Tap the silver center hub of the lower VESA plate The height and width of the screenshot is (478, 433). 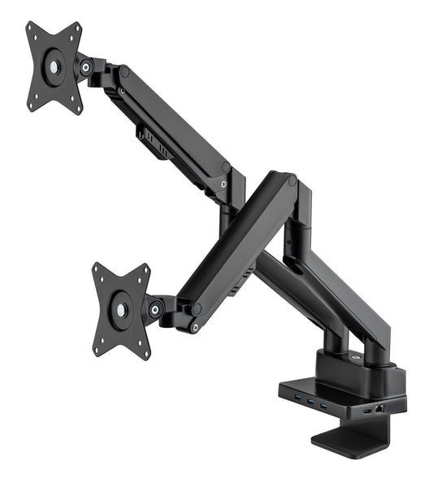[x=121, y=309]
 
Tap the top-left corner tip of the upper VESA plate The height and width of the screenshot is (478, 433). [x=28, y=26]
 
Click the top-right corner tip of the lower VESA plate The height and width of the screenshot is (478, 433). [x=146, y=267]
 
